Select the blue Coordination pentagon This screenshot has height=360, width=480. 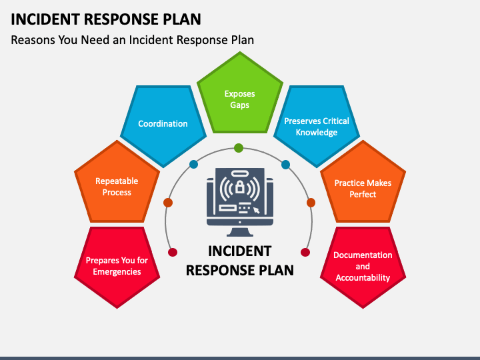click(x=163, y=124)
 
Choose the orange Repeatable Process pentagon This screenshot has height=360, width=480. click(x=117, y=187)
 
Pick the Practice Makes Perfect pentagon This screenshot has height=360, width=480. click(x=363, y=188)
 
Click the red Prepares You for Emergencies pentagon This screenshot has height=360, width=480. click(x=117, y=266)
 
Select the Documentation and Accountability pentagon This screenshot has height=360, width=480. click(x=363, y=266)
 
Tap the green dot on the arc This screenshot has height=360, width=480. click(x=239, y=148)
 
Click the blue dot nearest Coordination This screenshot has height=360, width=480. click(x=193, y=164)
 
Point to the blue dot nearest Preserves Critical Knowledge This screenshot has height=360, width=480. click(x=285, y=164)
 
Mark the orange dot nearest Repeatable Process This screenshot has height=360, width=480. click(x=168, y=202)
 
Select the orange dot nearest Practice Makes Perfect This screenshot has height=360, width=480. click(x=311, y=202)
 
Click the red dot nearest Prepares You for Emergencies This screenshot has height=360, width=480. click(x=173, y=252)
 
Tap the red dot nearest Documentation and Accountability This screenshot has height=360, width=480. click(x=305, y=252)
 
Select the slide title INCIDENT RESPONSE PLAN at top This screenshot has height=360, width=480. click(x=106, y=19)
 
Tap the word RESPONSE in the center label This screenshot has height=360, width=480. click(x=217, y=271)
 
